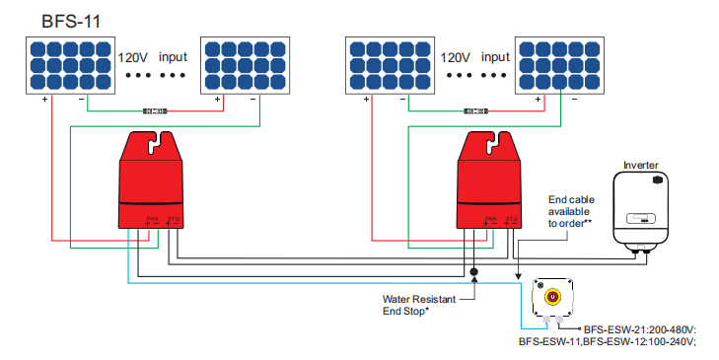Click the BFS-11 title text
[68, 19]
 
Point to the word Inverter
[641, 165]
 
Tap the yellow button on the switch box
[553, 295]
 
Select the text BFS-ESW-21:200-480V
[639, 329]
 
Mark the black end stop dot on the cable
[474, 270]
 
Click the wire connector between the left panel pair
[155, 110]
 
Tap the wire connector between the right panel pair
[477, 110]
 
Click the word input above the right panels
[496, 57]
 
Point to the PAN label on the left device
[151, 218]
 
